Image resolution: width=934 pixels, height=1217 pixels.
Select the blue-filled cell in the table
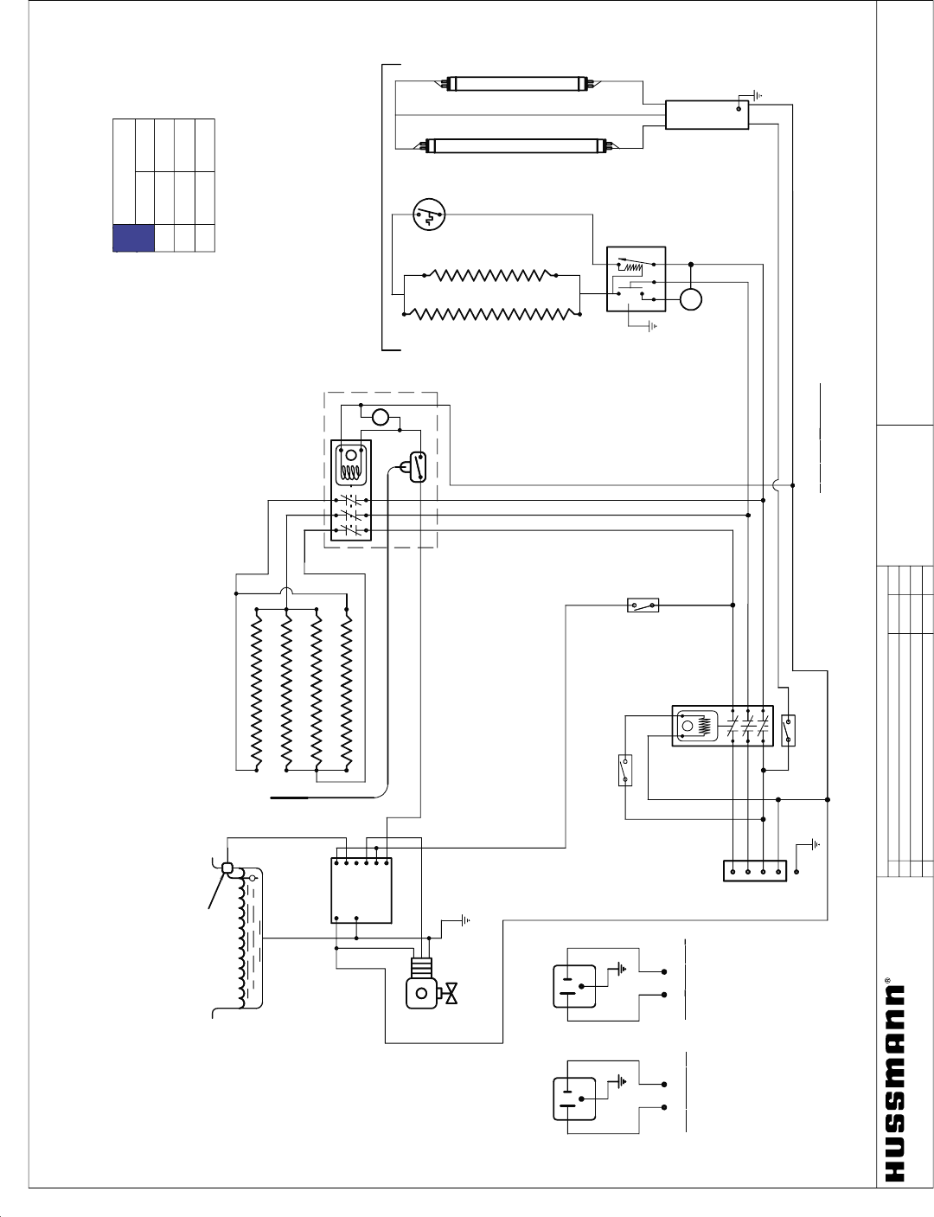(133, 238)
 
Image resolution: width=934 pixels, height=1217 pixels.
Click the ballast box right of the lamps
(707, 114)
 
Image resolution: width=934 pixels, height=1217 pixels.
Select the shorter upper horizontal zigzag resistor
(490, 275)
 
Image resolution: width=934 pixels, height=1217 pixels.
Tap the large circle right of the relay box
(690, 299)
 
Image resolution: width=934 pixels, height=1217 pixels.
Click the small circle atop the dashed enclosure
(381, 418)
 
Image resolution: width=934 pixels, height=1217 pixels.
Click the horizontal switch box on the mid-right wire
(643, 605)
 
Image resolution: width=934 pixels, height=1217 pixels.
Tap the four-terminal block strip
(755, 870)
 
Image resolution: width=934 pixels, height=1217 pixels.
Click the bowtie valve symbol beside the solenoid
(451, 995)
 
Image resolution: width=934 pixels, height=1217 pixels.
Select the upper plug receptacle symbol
(574, 986)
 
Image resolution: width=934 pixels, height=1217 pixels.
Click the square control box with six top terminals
(361, 890)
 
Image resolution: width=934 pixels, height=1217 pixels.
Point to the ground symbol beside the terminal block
(814, 844)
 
